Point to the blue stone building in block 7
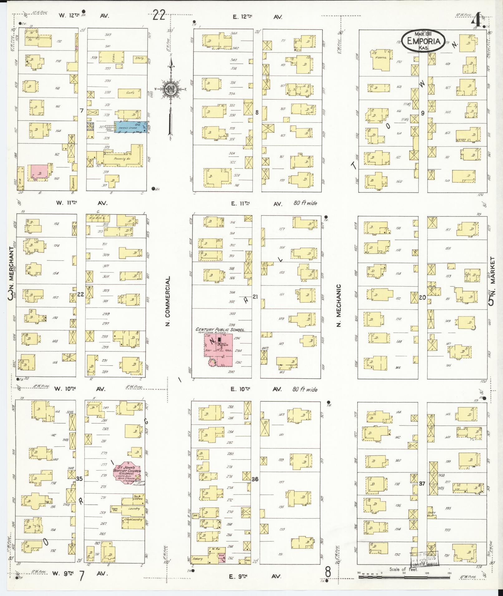(x=130, y=127)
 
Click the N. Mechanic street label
(x=339, y=305)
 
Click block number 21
(x=255, y=297)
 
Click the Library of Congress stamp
(x=424, y=559)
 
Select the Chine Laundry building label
(x=133, y=520)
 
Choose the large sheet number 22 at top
(x=159, y=15)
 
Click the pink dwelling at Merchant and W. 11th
(x=39, y=172)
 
